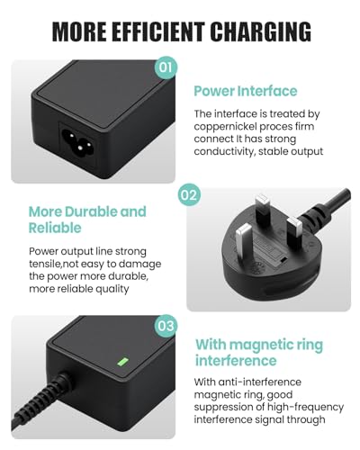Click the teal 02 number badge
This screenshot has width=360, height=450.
tap(188, 194)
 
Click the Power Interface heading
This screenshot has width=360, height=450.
tap(245, 91)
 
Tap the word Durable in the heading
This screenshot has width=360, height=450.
tap(92, 211)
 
